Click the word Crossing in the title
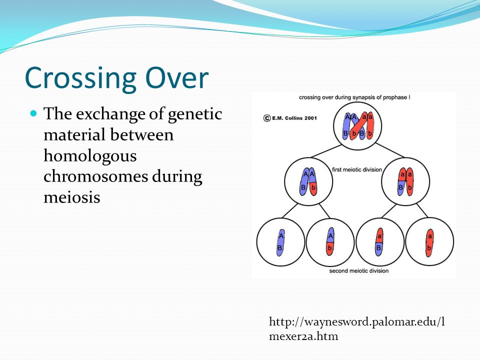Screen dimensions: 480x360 coord(80,79)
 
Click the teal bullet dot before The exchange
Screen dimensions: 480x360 coord(33,113)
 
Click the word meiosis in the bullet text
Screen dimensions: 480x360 coord(72,197)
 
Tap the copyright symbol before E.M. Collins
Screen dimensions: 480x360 coord(267,118)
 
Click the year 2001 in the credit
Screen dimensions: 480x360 coord(310,118)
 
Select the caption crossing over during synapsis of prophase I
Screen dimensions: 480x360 coord(354,97)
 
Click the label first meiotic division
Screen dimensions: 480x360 coord(357,169)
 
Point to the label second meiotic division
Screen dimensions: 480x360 coord(359,271)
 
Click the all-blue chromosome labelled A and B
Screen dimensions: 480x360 coord(280,243)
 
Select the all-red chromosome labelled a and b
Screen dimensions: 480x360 coord(429,243)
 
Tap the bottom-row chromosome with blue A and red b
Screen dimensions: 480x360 coord(330,242)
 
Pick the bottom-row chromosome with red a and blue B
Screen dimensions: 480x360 coord(379,242)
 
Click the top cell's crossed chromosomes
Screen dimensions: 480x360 coord(358,126)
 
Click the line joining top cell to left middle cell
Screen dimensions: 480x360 coord(326,151)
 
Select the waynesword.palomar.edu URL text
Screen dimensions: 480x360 coord(357,329)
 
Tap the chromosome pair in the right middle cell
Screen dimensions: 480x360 coord(405,182)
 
